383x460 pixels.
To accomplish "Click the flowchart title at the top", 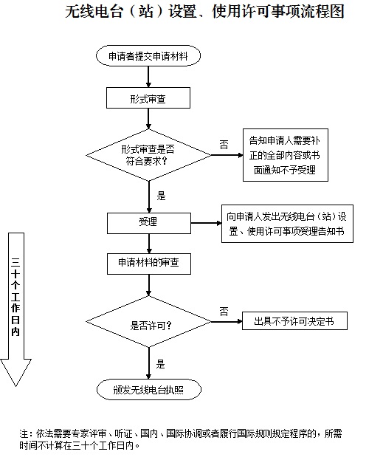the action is coord(204,12).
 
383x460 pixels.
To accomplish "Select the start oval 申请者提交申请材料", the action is coord(148,55).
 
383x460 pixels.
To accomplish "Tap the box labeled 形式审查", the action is coord(148,98).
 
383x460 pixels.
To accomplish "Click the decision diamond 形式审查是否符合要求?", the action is coord(148,155).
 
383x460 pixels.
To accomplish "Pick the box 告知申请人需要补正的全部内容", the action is coord(286,155).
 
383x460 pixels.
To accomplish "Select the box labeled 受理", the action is coord(149,223).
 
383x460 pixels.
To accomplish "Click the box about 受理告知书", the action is coord(287,224).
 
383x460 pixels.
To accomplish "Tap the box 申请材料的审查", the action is coord(149,264).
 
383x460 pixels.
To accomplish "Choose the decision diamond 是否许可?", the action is coord(148,322).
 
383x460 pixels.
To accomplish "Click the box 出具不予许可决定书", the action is coord(294,321).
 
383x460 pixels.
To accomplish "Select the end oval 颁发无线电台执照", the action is coord(149,390).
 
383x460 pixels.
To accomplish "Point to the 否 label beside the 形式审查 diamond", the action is coord(224,144).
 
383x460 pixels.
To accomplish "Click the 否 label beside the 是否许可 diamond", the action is coord(224,311).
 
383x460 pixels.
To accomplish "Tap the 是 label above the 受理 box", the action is coord(161,196).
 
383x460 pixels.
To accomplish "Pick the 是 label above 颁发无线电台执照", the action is coord(160,364).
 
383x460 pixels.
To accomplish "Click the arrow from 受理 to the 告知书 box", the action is coord(206,223).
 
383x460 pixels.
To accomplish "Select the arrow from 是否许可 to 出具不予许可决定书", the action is coord(227,322).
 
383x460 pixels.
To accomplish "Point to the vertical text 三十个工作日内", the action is coord(15,297).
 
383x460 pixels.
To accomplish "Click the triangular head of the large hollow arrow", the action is coord(15,372).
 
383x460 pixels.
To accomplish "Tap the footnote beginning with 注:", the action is coord(181,439).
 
